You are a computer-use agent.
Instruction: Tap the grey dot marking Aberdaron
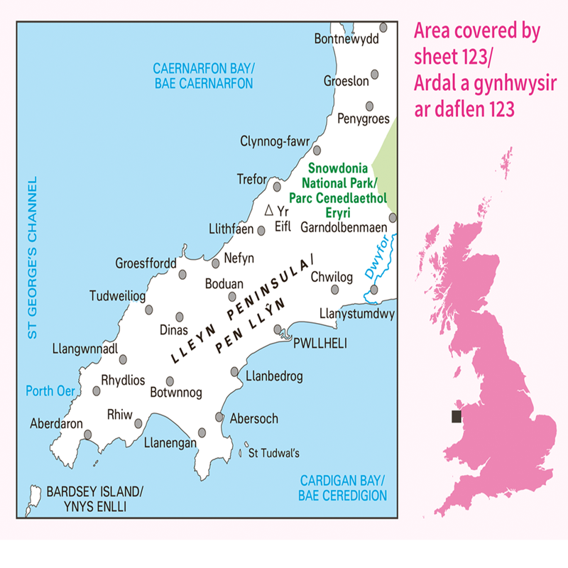88,435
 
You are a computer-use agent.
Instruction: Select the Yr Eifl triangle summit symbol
268,211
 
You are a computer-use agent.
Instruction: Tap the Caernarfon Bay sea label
204,76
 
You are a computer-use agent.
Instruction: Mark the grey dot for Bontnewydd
383,27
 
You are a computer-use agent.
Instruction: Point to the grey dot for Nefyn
216,263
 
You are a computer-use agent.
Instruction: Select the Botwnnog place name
177,392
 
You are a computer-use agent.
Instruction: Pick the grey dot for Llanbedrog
235,371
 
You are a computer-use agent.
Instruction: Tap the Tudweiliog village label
118,295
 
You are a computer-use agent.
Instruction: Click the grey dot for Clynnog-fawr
317,150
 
